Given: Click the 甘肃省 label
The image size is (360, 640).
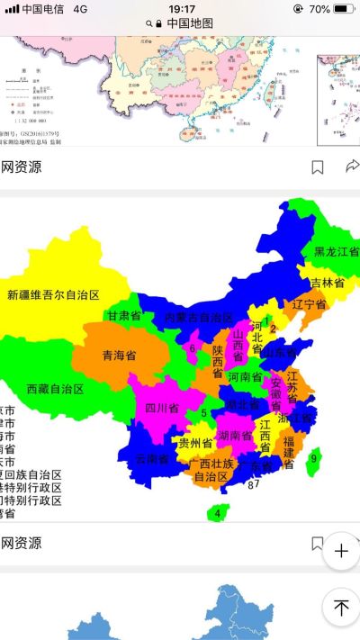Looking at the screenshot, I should (x=124, y=316).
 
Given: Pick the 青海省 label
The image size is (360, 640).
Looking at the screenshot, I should (x=119, y=355).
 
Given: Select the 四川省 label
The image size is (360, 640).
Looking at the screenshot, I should (x=162, y=408).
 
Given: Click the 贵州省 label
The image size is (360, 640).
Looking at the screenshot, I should (x=194, y=443).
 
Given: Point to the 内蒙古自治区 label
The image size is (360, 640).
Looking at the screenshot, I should (x=199, y=319).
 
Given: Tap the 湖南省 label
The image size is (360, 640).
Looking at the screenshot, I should (x=234, y=436).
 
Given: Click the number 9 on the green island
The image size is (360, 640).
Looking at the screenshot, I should (x=313, y=459).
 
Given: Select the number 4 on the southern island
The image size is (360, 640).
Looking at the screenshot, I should (x=217, y=514).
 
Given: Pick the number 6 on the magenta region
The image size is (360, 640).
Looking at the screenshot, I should (x=192, y=347).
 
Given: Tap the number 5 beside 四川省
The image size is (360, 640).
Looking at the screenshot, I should (x=203, y=413).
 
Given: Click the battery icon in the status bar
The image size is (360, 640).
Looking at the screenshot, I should (x=344, y=8).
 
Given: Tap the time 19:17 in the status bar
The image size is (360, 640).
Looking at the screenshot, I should (x=182, y=8).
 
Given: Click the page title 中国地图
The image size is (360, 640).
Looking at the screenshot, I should (x=190, y=23).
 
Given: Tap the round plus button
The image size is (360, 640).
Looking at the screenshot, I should (x=341, y=551).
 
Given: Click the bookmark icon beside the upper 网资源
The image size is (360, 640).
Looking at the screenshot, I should (x=318, y=167).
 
